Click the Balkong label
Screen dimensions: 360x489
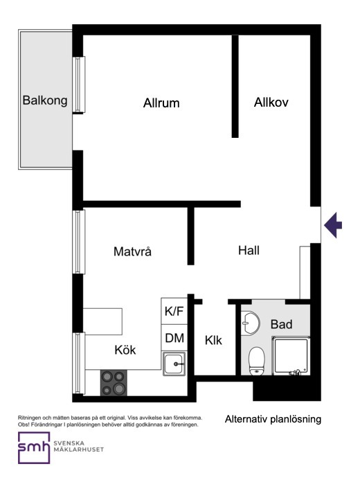click(45, 100)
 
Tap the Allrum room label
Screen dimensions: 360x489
click(161, 103)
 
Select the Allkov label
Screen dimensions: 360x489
click(271, 103)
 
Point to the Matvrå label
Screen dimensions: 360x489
click(132, 251)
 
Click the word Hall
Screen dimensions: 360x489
click(249, 251)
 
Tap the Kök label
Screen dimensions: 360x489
click(125, 350)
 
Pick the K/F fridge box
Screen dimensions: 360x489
click(174, 311)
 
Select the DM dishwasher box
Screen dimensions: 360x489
click(174, 338)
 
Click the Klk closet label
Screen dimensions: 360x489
click(213, 340)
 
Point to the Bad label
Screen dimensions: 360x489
click(282, 324)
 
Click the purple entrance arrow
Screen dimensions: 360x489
click(333, 225)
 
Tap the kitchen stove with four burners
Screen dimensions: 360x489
click(114, 382)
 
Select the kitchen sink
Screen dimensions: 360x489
click(174, 364)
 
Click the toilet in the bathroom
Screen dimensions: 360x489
click(257, 360)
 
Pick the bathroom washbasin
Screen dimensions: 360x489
click(250, 323)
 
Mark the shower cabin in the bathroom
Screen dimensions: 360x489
click(291, 355)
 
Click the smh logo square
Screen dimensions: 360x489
click(34, 447)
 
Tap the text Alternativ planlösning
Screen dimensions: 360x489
click(273, 419)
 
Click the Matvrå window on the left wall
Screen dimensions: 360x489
click(79, 242)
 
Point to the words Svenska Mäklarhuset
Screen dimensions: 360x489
click(78, 446)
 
